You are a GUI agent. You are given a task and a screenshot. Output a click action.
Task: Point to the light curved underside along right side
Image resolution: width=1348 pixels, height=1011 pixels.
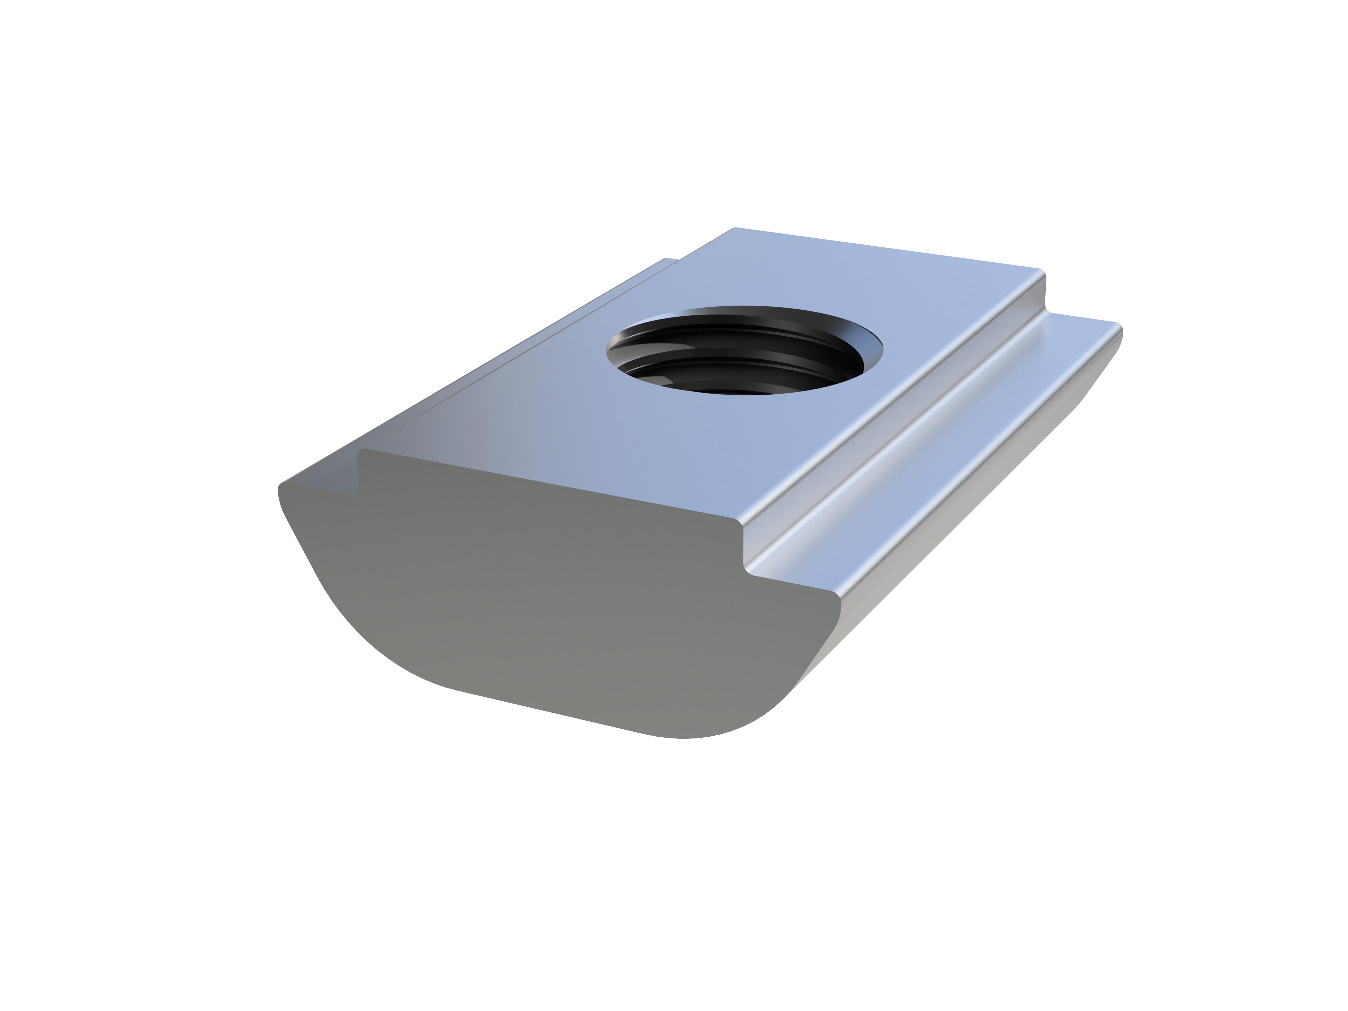coord(975,518)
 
